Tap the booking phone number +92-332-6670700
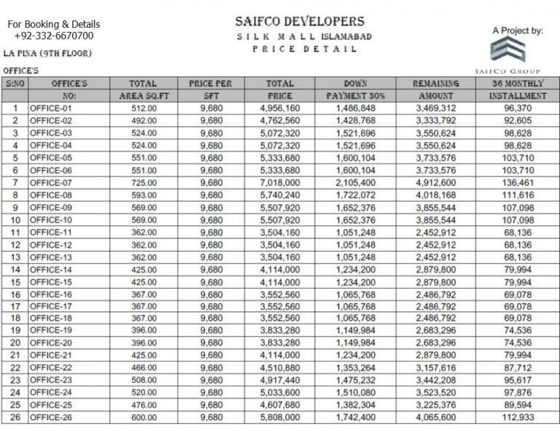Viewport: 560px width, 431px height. coord(53,36)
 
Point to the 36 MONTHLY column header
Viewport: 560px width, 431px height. coord(517,84)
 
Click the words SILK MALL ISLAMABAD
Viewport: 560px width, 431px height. coord(300,36)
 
